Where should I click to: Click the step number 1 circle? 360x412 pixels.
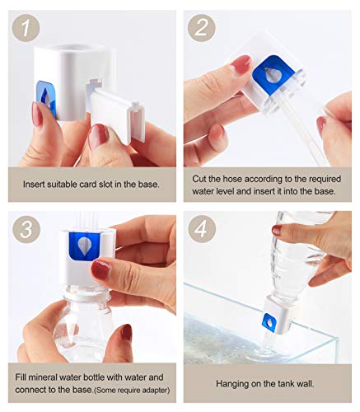[26, 28]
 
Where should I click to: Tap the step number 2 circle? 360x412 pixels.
[202, 28]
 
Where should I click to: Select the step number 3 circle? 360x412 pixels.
[26, 229]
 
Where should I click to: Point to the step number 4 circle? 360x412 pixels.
[202, 229]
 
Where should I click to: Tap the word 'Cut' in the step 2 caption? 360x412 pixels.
[199, 179]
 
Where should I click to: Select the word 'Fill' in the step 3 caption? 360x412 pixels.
[20, 377]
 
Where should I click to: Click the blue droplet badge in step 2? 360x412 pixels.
[273, 74]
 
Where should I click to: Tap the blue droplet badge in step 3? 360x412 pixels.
[84, 246]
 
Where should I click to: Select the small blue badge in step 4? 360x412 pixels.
[269, 321]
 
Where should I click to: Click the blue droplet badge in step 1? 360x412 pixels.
[47, 98]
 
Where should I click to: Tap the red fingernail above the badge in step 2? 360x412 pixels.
[241, 64]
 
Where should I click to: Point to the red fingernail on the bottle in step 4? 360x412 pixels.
[277, 230]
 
